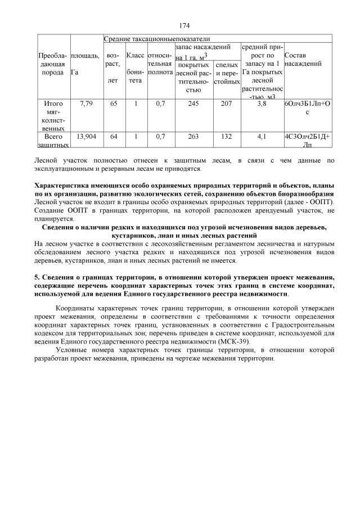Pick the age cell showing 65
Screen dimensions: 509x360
(x=114, y=104)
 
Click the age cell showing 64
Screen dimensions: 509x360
(x=114, y=137)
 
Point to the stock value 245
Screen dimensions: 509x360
(x=193, y=104)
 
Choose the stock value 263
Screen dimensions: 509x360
(x=193, y=137)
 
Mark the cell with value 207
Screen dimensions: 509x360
(x=227, y=104)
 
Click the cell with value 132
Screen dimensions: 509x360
(x=227, y=137)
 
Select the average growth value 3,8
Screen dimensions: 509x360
(x=262, y=104)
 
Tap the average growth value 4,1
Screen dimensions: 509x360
(x=262, y=137)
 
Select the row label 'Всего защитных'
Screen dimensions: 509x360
(x=53, y=141)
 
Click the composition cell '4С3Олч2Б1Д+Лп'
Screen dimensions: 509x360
(x=307, y=141)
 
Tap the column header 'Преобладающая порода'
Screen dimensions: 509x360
(x=53, y=65)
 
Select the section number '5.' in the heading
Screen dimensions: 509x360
(x=38, y=278)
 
